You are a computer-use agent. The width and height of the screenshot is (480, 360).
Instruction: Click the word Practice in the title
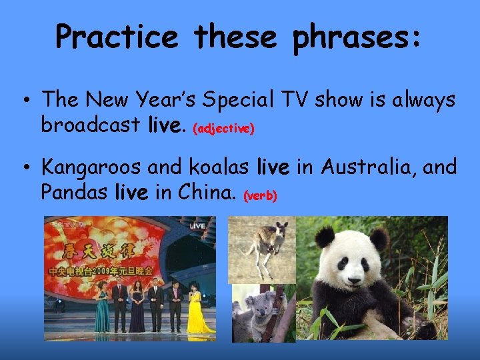tap(117, 37)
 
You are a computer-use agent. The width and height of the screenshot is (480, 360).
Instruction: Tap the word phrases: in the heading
tap(357, 37)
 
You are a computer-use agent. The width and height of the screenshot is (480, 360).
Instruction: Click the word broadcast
tap(90, 124)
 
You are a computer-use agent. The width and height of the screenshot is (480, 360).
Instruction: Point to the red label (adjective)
tap(223, 129)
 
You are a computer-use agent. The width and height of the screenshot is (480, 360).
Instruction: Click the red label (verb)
tap(261, 196)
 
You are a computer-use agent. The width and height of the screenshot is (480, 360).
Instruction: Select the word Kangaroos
tap(98, 167)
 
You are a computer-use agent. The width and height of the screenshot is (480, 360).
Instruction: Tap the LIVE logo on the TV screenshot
tap(197, 227)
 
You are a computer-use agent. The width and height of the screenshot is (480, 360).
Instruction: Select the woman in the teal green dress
tap(103, 308)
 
